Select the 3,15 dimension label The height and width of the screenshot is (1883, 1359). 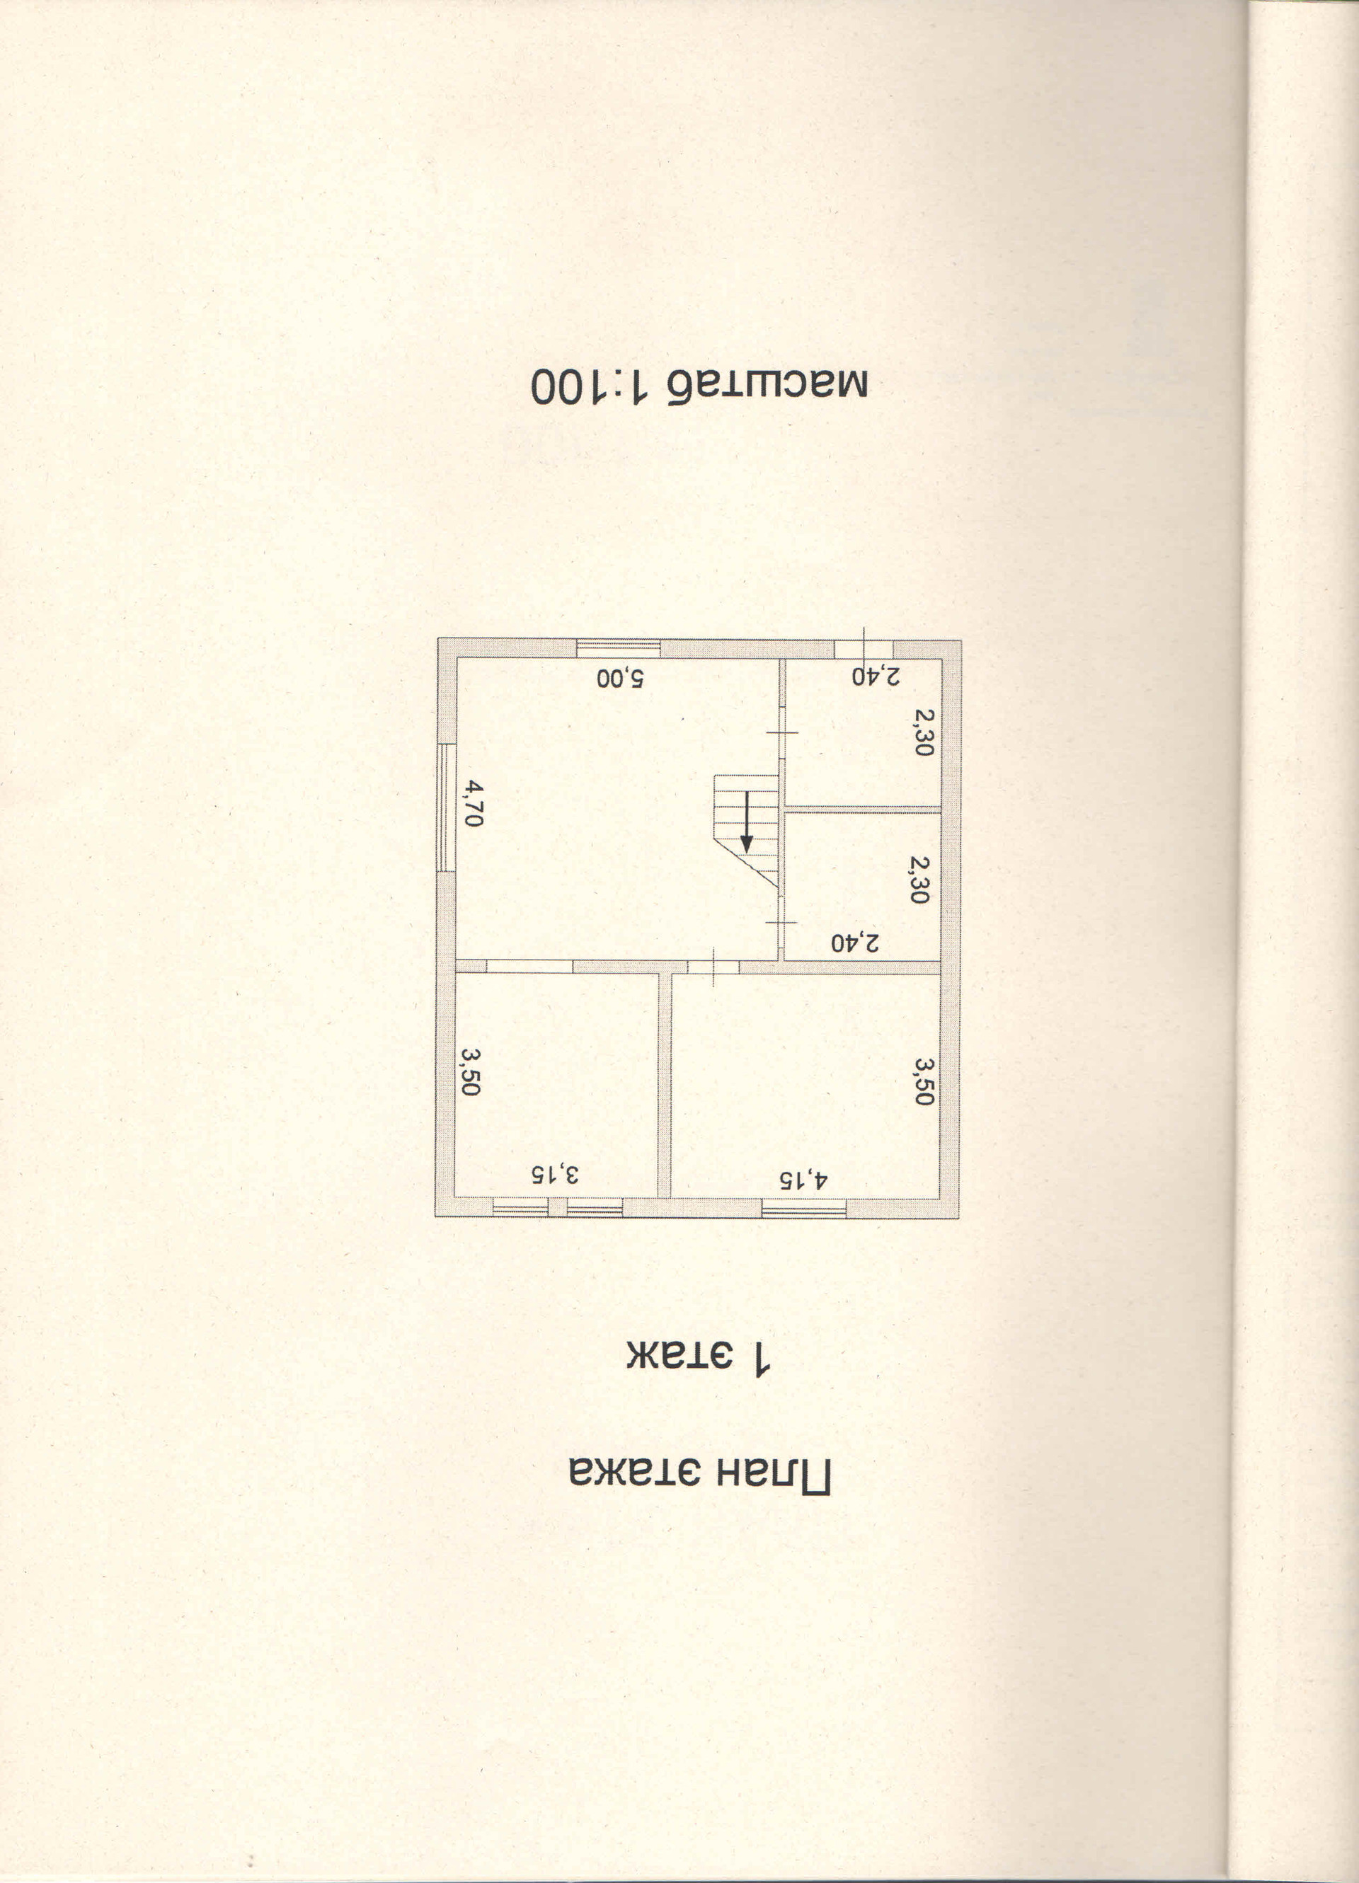click(555, 1174)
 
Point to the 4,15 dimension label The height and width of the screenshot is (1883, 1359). click(803, 1179)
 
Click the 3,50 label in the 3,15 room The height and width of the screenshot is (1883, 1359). click(470, 1072)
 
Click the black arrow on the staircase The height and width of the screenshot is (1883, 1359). click(746, 822)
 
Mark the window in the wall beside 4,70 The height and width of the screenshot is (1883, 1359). click(446, 807)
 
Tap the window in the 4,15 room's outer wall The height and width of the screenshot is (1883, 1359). click(803, 1209)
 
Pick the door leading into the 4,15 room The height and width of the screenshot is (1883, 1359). click(713, 967)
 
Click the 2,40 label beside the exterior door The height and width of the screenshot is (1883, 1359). click(876, 676)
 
